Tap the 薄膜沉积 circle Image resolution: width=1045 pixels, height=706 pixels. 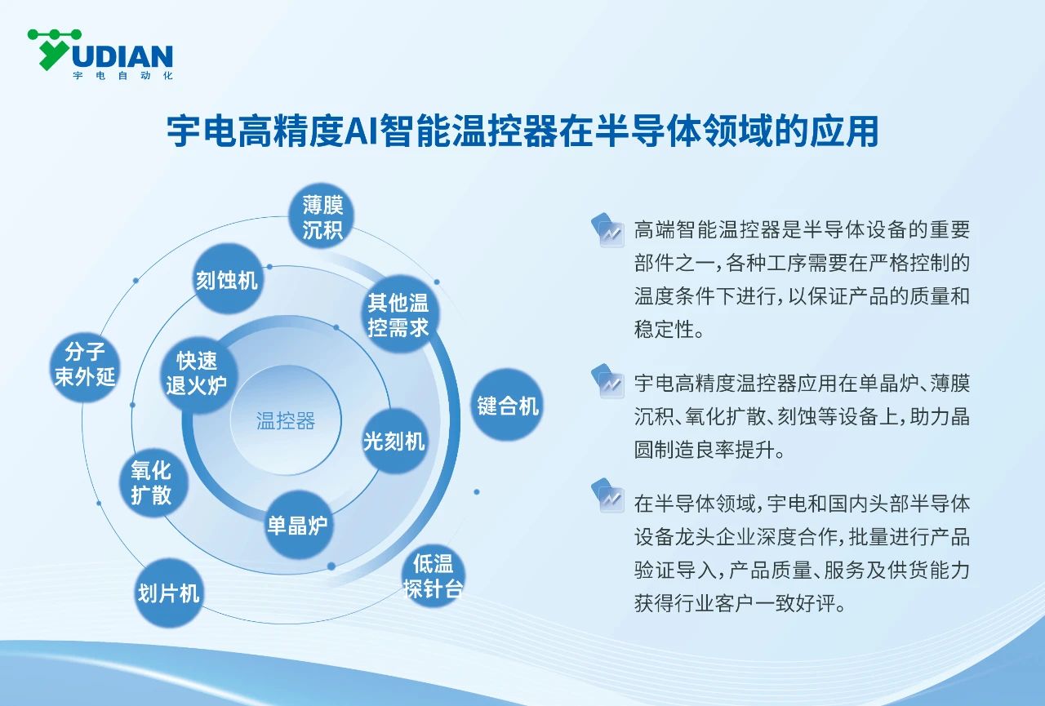tap(322, 217)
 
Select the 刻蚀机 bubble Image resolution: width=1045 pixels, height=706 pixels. tap(226, 280)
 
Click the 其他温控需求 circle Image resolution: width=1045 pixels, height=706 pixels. tap(398, 315)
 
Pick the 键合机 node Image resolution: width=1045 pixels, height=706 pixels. tap(508, 405)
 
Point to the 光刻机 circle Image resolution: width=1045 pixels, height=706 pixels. tap(394, 441)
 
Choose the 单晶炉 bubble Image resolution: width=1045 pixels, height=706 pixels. tap(297, 524)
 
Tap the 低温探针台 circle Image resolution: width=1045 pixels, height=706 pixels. tap(433, 576)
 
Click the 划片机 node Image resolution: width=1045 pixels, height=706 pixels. tap(168, 593)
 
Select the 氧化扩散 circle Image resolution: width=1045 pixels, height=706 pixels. tap(151, 482)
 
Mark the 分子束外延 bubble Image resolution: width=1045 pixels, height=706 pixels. tap(86, 364)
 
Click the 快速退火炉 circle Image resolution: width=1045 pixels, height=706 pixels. tap(197, 372)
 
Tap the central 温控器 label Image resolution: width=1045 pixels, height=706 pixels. tap(286, 421)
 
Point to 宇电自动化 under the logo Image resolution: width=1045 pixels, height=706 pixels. tap(122, 76)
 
